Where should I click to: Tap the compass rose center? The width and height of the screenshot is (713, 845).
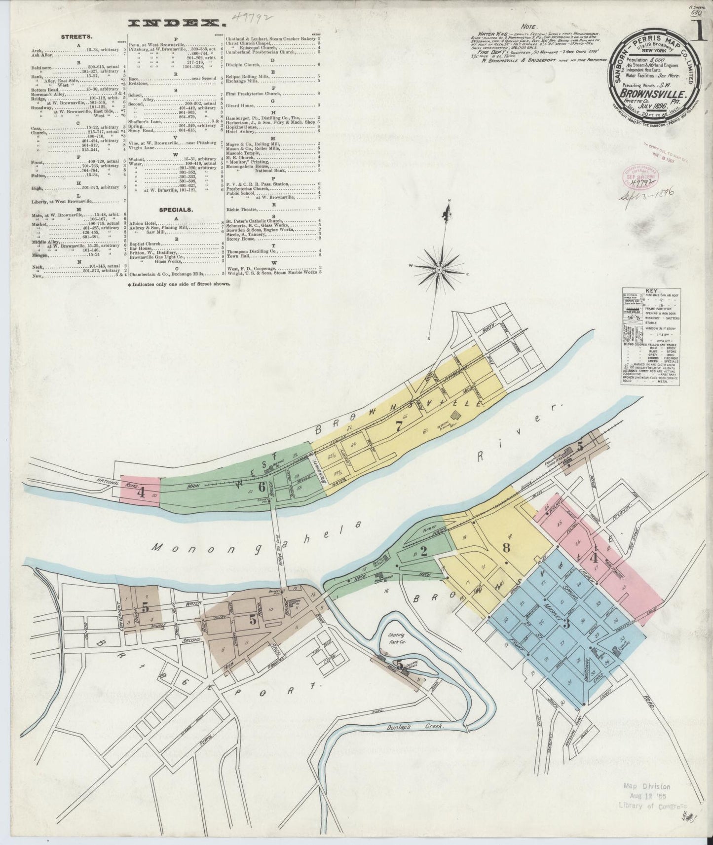439,269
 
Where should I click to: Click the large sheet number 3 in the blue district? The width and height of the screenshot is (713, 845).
567,624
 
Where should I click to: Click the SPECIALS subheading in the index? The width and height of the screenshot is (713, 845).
176,209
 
